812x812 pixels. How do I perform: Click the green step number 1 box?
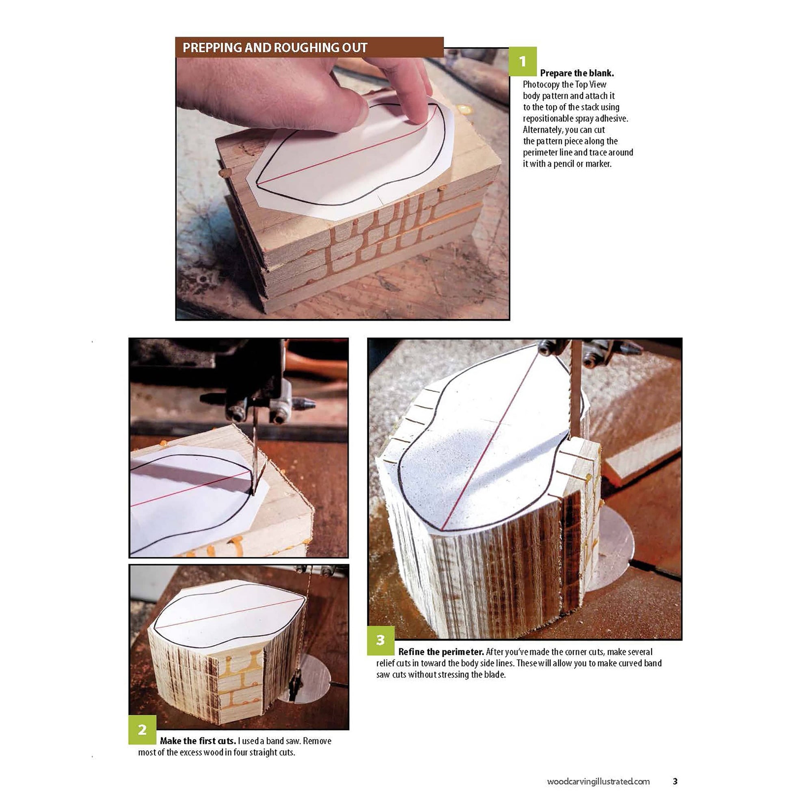[523, 61]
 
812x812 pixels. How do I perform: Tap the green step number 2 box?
[143, 729]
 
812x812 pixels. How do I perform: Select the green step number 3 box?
[381, 640]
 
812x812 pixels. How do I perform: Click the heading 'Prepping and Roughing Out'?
[275, 48]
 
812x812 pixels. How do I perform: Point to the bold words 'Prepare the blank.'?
[577, 73]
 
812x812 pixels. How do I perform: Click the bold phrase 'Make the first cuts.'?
[198, 741]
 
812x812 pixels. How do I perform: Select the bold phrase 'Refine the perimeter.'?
[441, 652]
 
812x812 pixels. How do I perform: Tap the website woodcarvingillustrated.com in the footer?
[598, 781]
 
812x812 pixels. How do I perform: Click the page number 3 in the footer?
[675, 781]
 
